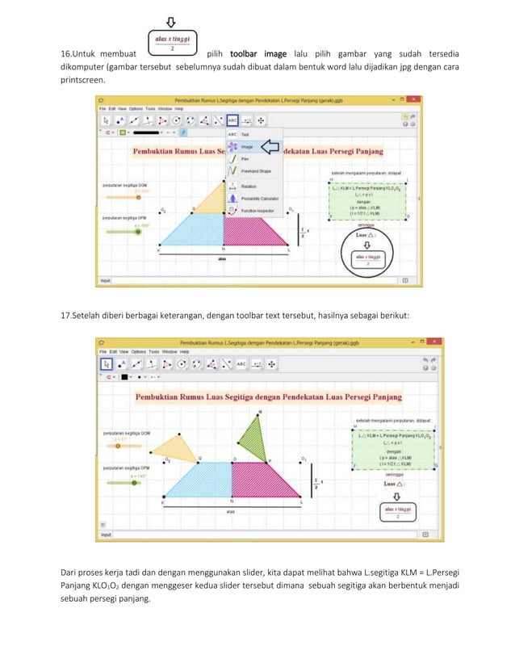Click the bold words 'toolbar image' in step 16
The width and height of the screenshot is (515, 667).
pos(259,53)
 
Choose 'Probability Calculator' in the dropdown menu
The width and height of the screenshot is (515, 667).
pos(256,198)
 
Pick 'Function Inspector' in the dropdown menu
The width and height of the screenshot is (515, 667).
pos(254,210)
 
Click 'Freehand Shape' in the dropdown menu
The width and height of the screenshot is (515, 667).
pos(254,171)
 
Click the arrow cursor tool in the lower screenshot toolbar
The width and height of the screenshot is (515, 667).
pos(104,363)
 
